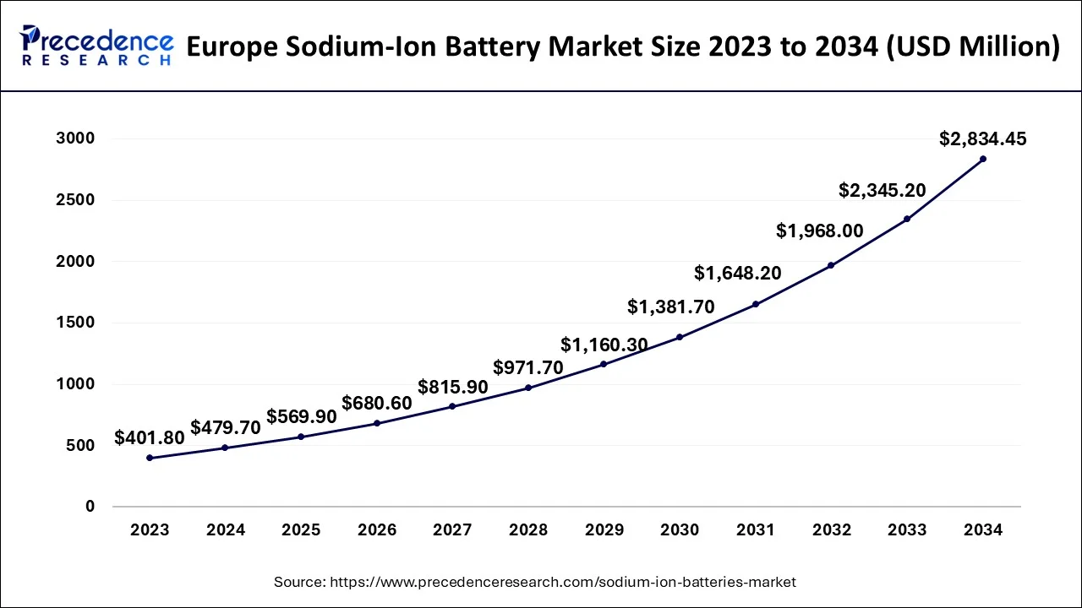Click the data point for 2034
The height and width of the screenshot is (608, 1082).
click(983, 159)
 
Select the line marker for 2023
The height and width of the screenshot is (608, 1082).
click(150, 458)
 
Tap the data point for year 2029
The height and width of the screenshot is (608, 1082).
click(604, 364)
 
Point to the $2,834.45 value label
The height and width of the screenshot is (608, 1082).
click(983, 139)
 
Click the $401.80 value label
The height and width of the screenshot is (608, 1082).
click(150, 437)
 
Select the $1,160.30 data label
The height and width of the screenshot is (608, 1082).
click(604, 345)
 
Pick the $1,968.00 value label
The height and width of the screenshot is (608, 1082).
click(820, 231)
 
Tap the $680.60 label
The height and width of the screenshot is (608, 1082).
click(377, 403)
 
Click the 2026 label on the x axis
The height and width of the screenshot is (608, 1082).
click(377, 530)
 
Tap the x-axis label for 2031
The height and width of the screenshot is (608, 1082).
click(755, 530)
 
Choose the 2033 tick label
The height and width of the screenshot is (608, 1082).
click(907, 530)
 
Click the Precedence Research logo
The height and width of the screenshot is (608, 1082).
click(95, 46)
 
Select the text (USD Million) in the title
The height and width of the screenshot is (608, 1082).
click(975, 46)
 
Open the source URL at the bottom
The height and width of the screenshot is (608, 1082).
click(560, 582)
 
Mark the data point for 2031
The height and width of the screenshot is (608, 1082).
click(755, 304)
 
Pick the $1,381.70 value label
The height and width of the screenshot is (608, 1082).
click(671, 307)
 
